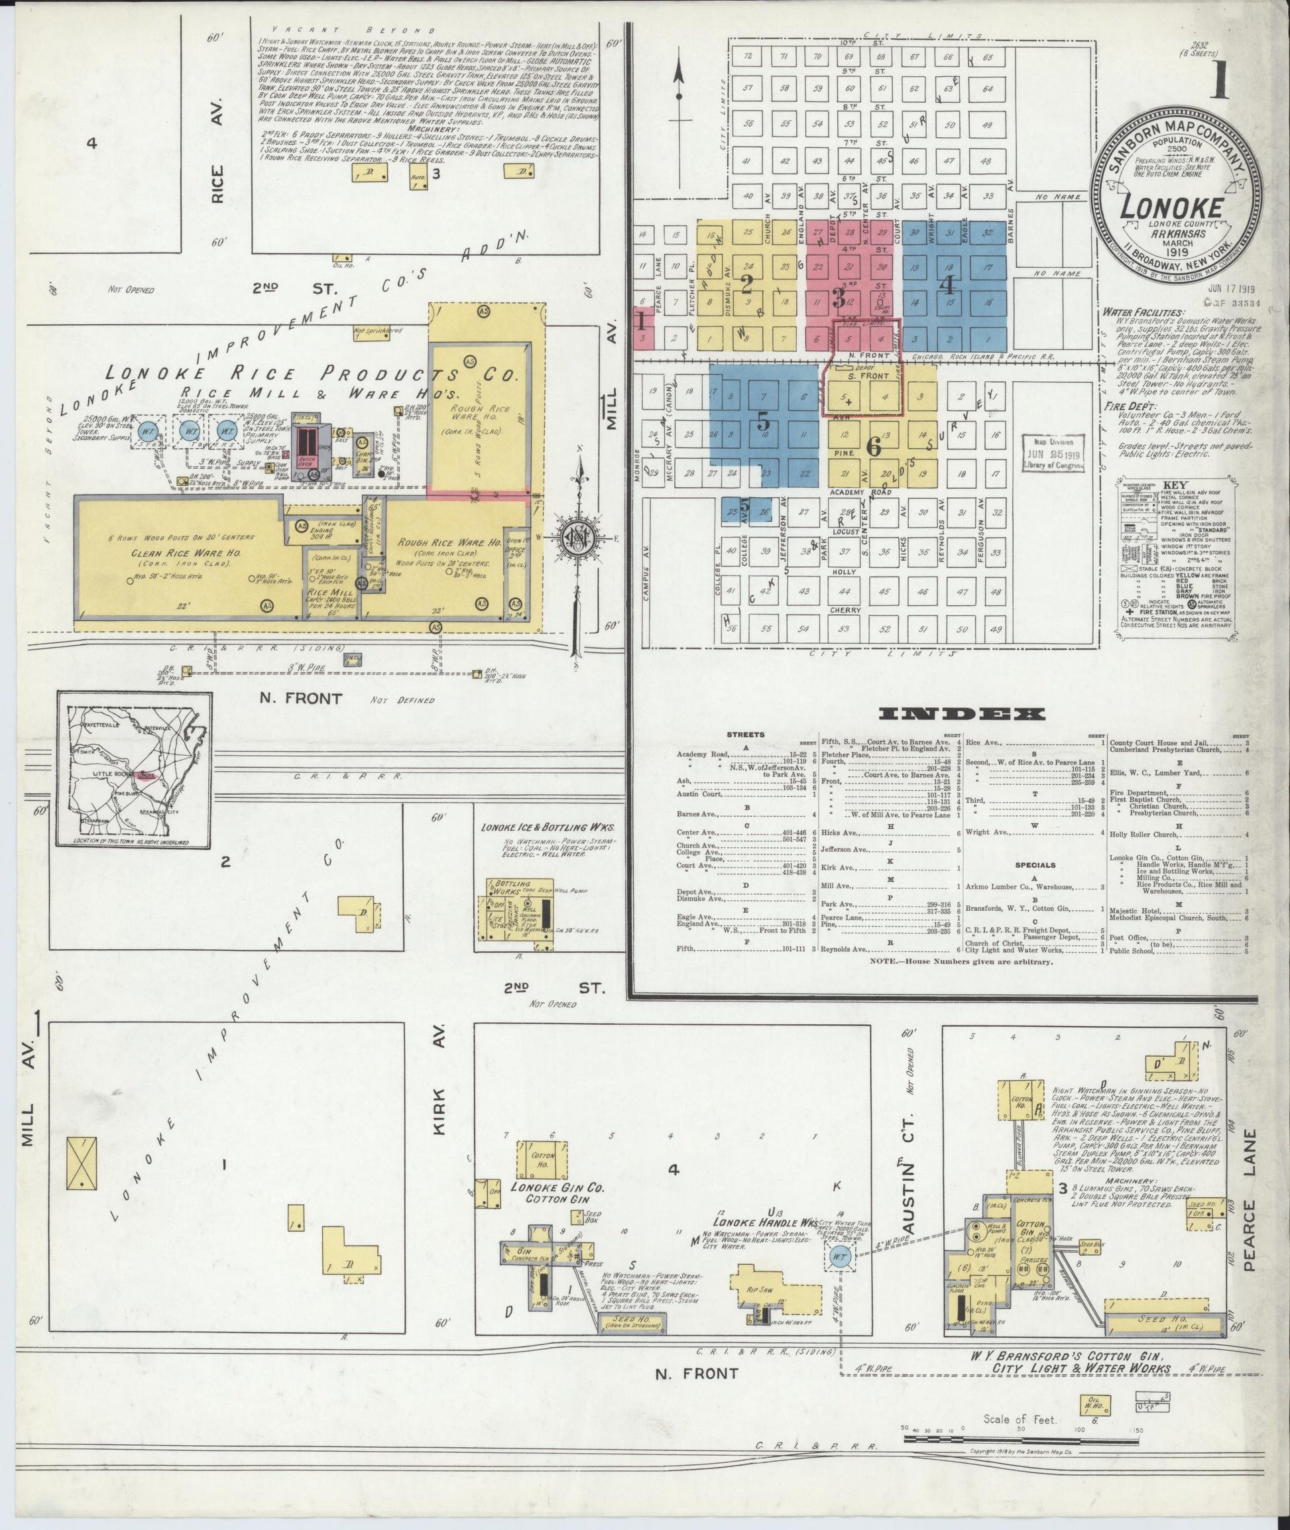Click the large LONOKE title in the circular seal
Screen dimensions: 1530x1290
pos(1170,207)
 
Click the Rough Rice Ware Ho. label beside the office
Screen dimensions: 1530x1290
pos(448,544)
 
